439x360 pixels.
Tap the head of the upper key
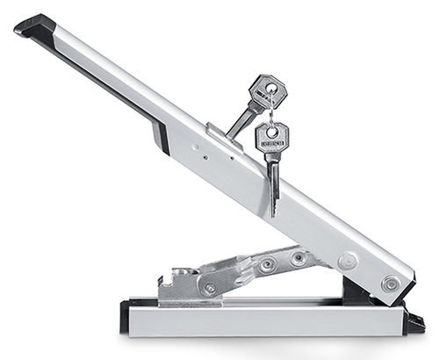pyautogui.click(x=265, y=91)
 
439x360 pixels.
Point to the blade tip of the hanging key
pyautogui.click(x=274, y=211)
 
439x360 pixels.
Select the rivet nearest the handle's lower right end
pyautogui.click(x=391, y=282)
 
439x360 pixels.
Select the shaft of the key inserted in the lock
pyautogui.click(x=240, y=120)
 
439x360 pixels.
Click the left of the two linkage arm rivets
pyautogui.click(x=268, y=263)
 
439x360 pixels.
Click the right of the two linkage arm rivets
pyautogui.click(x=299, y=257)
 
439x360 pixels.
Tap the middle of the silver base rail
pyautogui.click(x=263, y=317)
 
